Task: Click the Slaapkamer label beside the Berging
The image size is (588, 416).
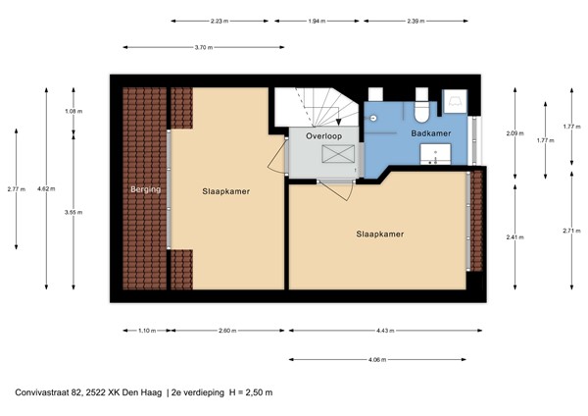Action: (227, 192)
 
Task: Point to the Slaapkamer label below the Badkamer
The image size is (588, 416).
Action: (381, 234)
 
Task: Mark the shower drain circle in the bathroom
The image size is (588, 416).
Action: (374, 116)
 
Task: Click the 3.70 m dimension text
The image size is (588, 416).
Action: (205, 46)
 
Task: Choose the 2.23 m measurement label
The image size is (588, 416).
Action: (221, 20)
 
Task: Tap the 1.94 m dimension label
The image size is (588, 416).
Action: (318, 20)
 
